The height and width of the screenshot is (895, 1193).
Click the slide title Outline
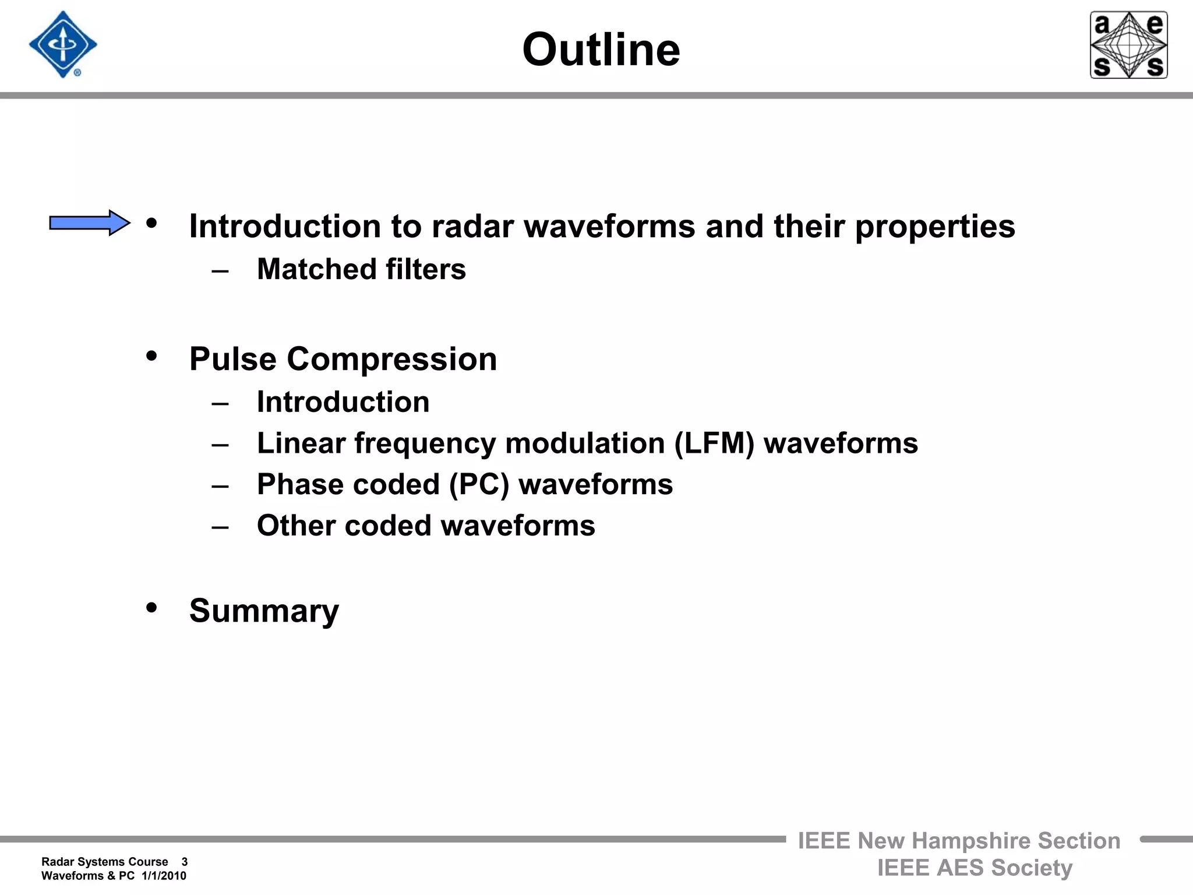click(601, 50)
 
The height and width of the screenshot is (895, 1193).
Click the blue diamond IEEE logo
click(63, 45)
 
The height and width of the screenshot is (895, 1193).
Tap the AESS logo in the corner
click(1128, 45)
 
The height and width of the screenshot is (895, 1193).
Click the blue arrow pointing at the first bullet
click(89, 223)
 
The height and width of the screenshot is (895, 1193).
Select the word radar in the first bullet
click(472, 226)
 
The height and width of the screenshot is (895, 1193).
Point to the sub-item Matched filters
click(361, 269)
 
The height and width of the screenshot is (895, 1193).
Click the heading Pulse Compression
click(343, 359)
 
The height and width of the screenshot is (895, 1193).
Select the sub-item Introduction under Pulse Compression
click(343, 402)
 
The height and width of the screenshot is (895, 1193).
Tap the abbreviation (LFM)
click(714, 443)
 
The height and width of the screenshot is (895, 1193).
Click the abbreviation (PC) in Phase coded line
click(479, 485)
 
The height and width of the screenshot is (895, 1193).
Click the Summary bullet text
click(264, 611)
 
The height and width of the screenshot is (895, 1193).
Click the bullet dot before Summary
click(151, 608)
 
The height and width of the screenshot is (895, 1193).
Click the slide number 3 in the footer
click(184, 862)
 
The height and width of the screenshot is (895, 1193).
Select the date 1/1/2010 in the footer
click(164, 876)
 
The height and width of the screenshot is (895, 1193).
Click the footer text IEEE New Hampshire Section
click(959, 841)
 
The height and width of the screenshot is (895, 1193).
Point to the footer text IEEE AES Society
click(975, 868)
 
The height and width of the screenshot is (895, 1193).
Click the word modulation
click(585, 443)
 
